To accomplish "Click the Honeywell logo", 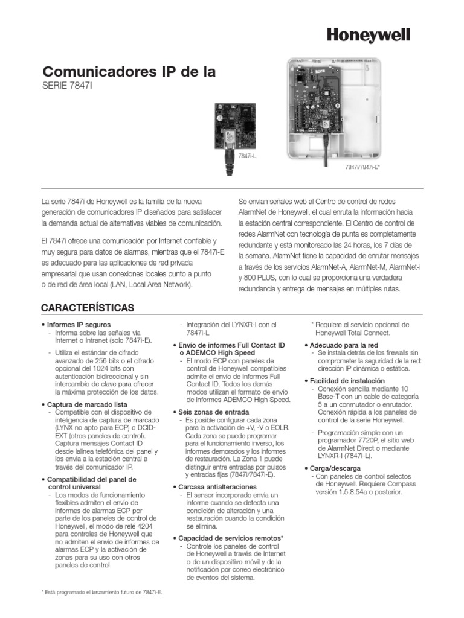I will [369, 36].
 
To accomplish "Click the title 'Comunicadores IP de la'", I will [128, 72].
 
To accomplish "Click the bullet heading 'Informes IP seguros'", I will [77, 325].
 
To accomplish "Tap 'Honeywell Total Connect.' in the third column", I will [353, 333].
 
